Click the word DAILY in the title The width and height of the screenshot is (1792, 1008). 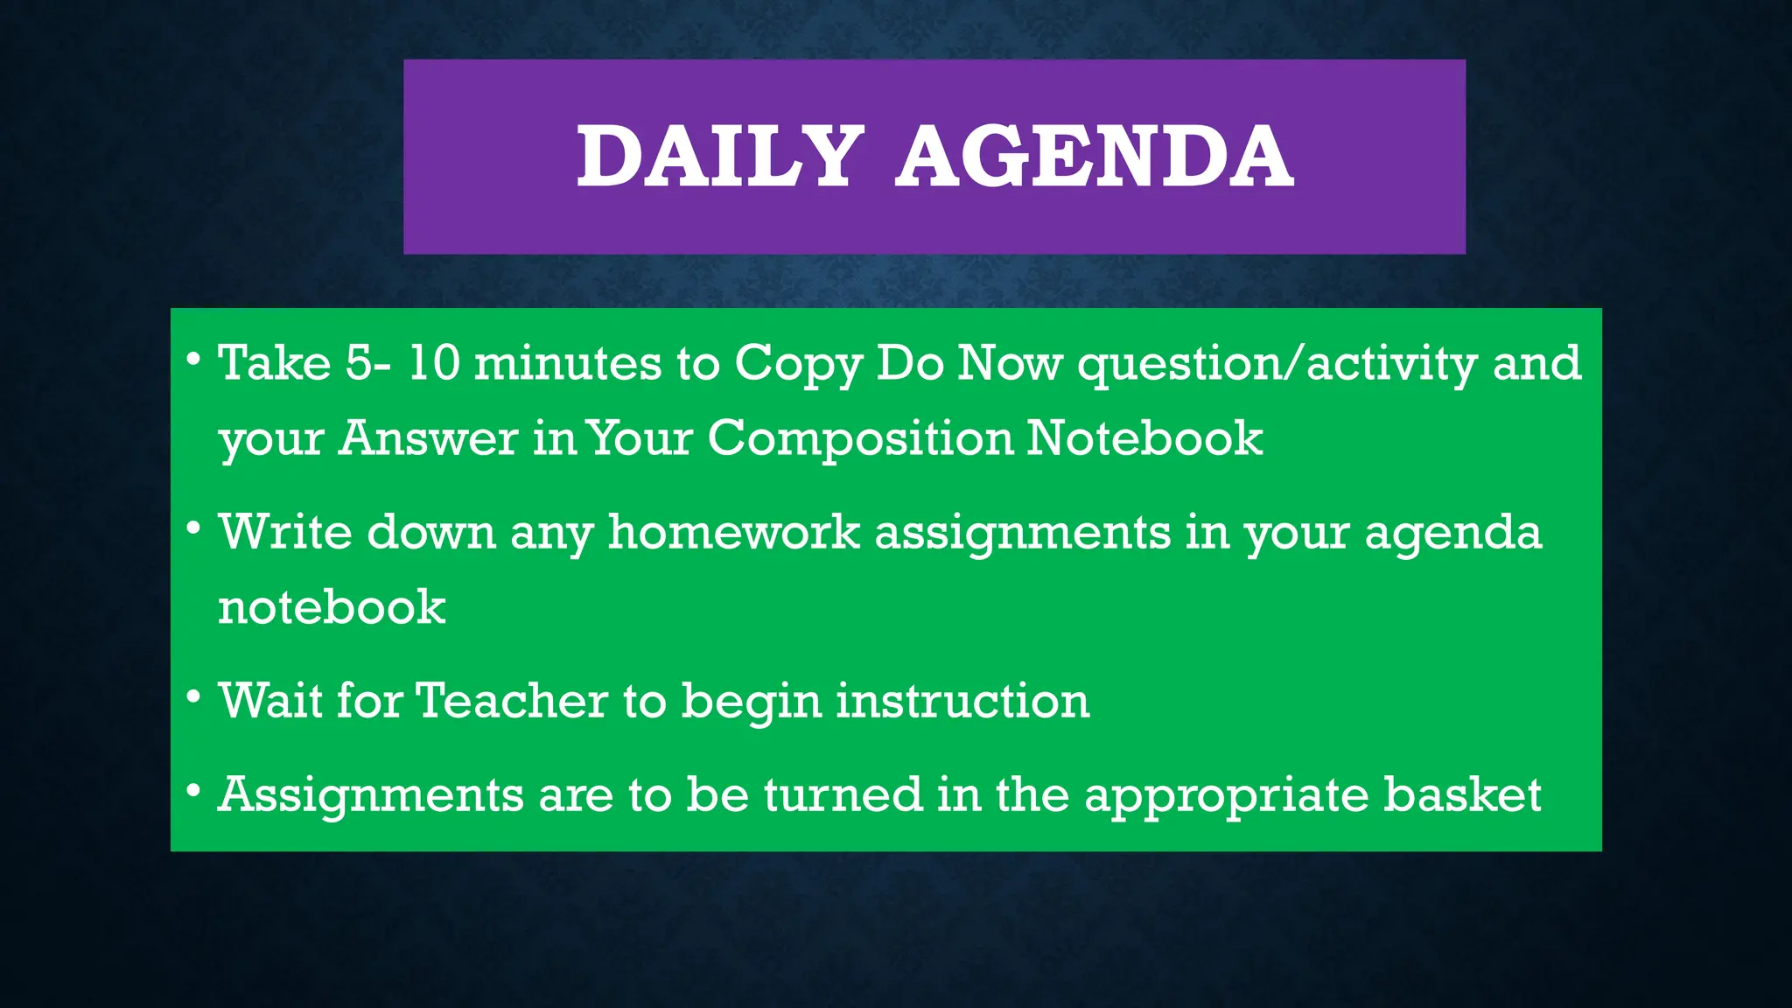(714, 157)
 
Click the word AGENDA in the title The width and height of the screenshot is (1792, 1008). (1094, 157)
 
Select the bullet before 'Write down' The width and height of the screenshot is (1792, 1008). (194, 528)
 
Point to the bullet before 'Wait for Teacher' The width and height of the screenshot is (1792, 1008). (194, 697)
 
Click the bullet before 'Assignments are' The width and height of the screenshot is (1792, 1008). (194, 791)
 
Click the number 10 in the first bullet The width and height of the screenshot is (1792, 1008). (434, 362)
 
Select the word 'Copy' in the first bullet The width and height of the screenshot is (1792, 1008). (798, 364)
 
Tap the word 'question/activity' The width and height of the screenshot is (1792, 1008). (1277, 364)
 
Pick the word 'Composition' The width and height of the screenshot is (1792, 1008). (860, 438)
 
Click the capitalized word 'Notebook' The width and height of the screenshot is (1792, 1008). (1144, 437)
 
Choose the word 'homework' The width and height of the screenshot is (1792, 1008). (734, 531)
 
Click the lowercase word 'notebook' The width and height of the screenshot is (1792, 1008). (332, 606)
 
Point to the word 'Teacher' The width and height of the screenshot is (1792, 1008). (511, 700)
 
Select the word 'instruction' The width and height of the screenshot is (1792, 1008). (962, 700)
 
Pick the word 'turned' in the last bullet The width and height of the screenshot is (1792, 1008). (843, 794)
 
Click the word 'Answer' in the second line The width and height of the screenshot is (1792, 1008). (429, 437)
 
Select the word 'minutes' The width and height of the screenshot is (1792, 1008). (568, 362)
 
